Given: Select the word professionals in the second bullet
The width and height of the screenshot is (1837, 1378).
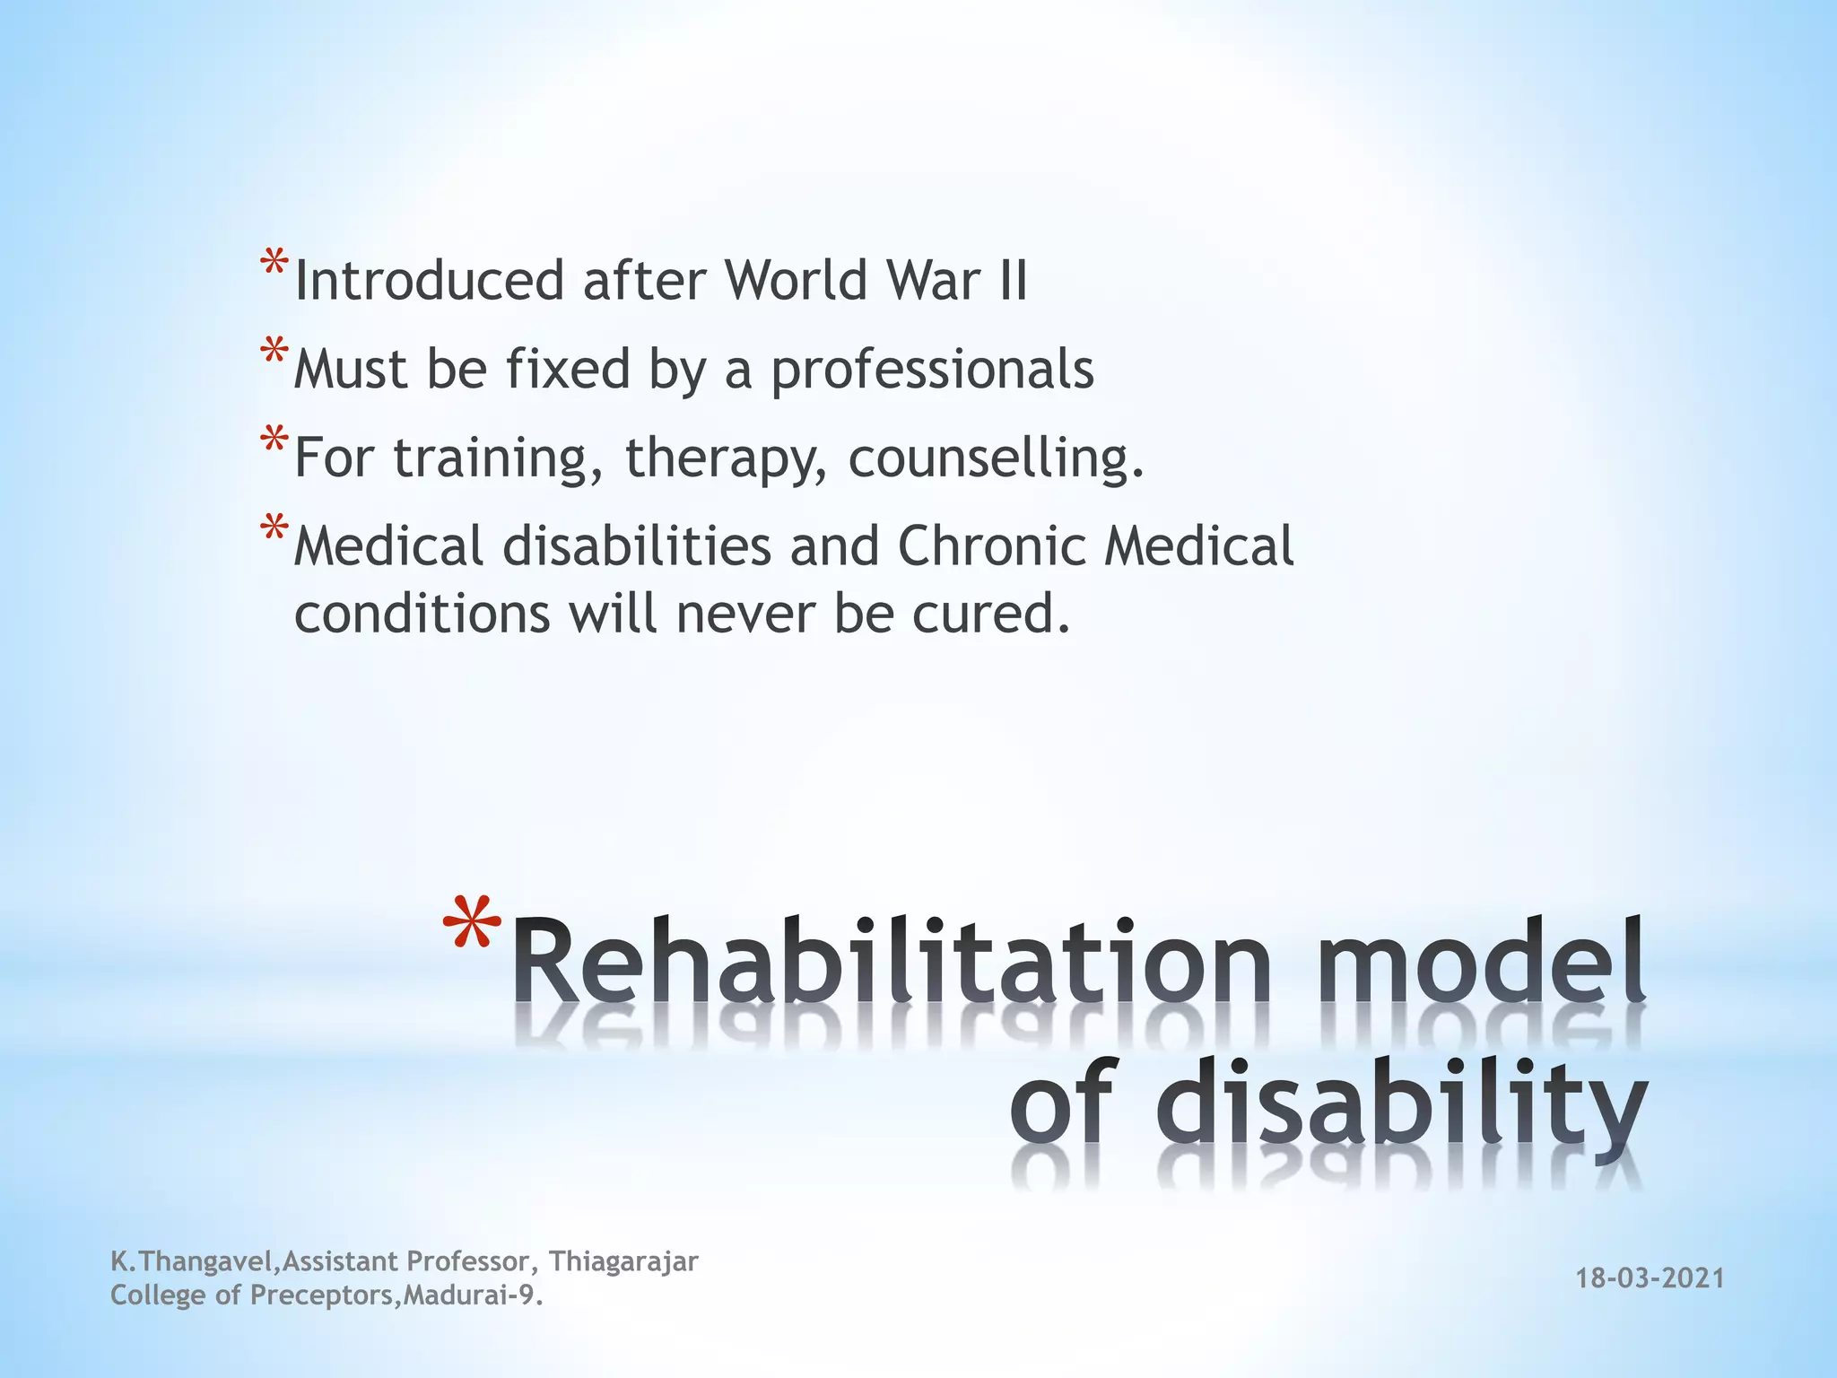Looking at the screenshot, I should (932, 369).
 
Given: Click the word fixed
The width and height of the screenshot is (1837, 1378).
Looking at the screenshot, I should (568, 369).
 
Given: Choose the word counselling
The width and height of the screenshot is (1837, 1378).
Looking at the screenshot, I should (996, 458).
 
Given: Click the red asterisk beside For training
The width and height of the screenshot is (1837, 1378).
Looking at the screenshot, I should (274, 443).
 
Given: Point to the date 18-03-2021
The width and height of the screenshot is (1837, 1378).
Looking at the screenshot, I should (1650, 1278).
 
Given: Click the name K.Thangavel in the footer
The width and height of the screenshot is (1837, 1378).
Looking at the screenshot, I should (190, 1261).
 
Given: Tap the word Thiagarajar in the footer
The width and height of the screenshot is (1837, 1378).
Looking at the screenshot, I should (623, 1261).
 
